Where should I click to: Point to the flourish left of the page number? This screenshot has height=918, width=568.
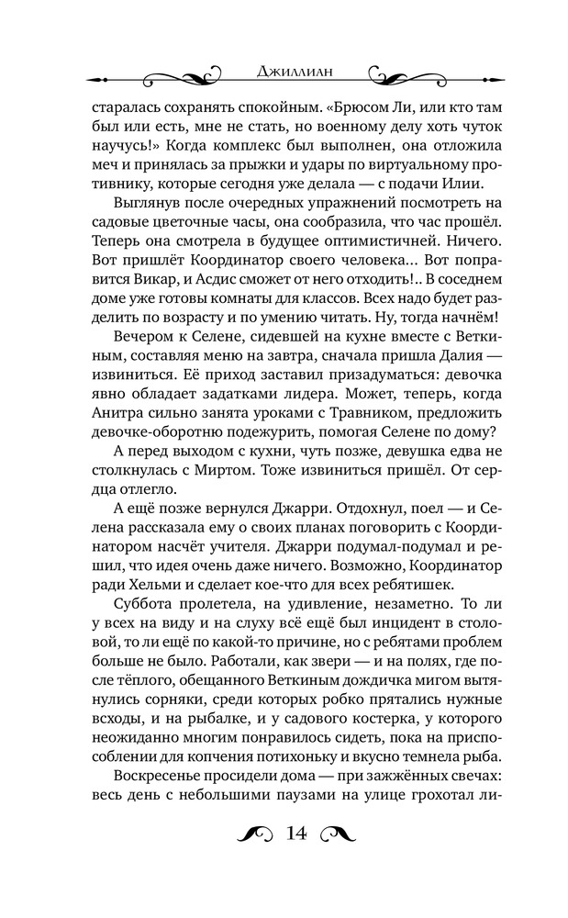(249, 834)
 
